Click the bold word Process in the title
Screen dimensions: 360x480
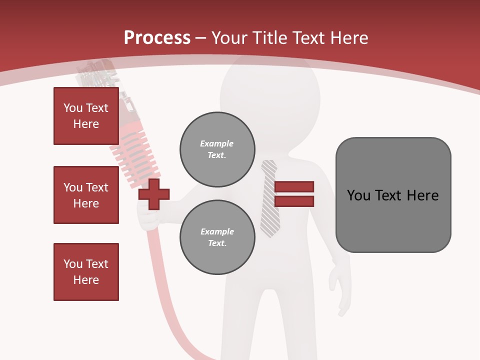[x=157, y=37]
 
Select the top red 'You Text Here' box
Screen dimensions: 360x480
[x=86, y=116]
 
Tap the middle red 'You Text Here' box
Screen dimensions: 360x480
[x=86, y=195]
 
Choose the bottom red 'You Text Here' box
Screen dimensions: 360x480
[x=86, y=272]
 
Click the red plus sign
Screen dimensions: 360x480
[x=154, y=194]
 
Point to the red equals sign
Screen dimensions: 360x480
[x=294, y=194]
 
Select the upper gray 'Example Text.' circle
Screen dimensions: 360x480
[x=217, y=149]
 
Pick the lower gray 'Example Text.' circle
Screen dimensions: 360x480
[x=217, y=237]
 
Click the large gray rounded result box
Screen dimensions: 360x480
[x=393, y=195]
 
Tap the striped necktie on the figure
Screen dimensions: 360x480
[x=270, y=200]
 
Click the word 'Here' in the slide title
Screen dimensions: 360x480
[x=350, y=37]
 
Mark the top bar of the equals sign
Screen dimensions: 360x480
[x=294, y=187]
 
